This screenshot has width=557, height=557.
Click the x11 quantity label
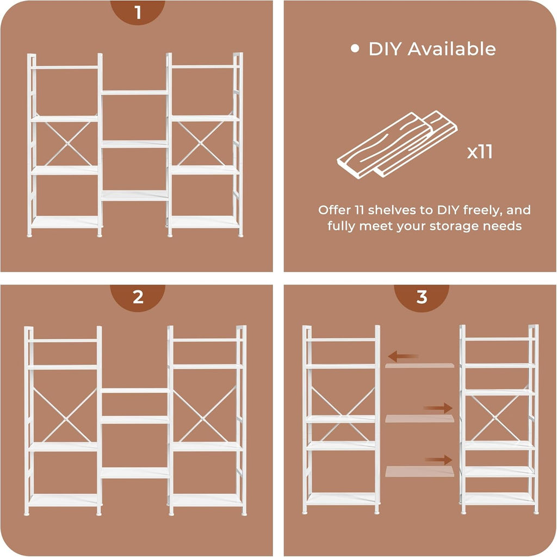[x=480, y=152]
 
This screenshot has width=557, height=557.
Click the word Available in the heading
[x=451, y=49]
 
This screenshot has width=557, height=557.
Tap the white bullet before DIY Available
[x=355, y=48]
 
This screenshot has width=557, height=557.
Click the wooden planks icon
[x=397, y=145]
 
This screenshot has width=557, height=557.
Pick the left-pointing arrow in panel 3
[x=403, y=356]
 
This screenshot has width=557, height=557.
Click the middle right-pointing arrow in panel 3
[x=438, y=408]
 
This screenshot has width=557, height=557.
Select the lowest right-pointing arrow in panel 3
[x=439, y=460]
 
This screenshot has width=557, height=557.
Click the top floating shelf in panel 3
[x=419, y=366]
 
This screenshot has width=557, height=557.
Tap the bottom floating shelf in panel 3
[x=419, y=472]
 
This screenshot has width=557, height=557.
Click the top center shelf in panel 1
[x=134, y=92]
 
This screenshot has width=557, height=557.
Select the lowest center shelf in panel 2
[x=135, y=473]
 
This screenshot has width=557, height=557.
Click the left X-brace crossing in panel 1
[x=67, y=144]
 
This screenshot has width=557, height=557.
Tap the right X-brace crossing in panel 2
[x=203, y=419]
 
